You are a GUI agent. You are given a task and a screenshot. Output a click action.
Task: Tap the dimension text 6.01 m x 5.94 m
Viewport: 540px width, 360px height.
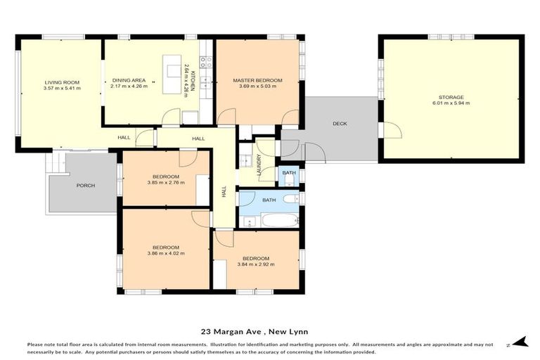point(451,103)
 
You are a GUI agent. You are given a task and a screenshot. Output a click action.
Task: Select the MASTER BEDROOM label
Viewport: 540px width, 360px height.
point(257,81)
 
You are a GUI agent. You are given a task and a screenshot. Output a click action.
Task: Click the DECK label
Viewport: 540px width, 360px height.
point(340,124)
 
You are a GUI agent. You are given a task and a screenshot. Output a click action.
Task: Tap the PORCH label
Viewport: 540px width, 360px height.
point(86,186)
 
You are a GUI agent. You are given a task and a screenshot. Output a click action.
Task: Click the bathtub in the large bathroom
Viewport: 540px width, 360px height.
point(281,220)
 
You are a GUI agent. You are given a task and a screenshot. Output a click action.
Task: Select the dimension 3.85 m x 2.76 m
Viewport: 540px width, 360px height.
point(166,183)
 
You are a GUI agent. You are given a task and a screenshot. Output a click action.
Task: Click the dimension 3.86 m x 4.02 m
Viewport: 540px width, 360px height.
point(166,253)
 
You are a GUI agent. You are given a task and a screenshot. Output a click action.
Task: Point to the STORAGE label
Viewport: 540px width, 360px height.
point(451,97)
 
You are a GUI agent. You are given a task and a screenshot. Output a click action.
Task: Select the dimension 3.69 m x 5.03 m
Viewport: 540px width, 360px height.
point(257,86)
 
